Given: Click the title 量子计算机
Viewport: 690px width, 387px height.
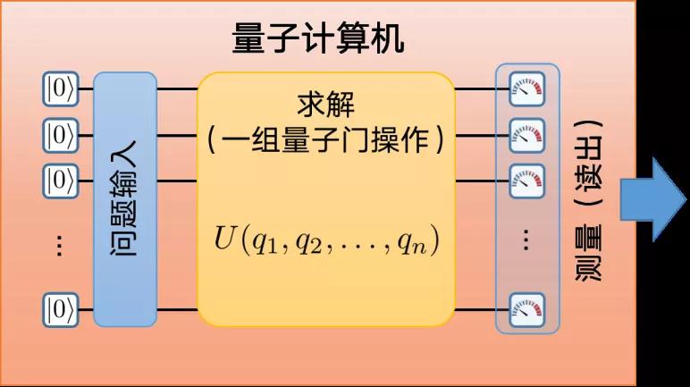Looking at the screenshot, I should (x=318, y=38).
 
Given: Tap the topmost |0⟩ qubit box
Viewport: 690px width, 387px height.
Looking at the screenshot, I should (x=61, y=88).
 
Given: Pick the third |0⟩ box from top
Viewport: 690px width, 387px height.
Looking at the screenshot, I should (x=61, y=181).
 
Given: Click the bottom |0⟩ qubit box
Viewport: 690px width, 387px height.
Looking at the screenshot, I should (x=61, y=310).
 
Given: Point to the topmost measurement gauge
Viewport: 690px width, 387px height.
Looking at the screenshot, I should (x=526, y=88).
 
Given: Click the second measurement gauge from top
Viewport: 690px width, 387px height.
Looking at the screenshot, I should (x=526, y=135).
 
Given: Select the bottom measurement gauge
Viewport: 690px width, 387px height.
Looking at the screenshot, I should (x=526, y=310).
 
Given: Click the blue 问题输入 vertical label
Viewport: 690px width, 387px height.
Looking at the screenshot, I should (x=124, y=201).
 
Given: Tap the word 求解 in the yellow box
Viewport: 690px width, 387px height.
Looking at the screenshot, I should (x=324, y=105).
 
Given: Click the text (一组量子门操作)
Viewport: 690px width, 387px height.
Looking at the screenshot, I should (x=324, y=141).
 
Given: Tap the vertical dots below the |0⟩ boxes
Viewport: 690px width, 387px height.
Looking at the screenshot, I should (x=59, y=246).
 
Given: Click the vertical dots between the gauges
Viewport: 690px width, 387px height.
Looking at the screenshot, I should (x=526, y=240).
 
